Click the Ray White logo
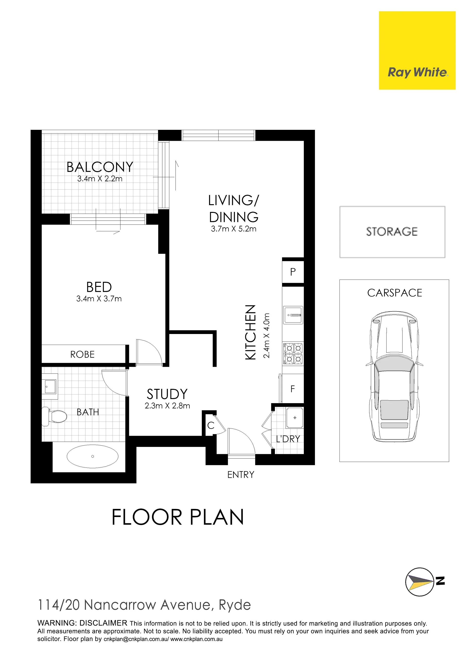click(417, 50)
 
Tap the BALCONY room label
click(100, 167)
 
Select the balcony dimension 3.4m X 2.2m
click(100, 179)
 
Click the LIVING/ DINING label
click(234, 209)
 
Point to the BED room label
click(99, 287)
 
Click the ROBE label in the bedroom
click(82, 354)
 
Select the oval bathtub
click(93, 456)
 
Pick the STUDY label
click(167, 394)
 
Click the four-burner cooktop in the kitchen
click(293, 354)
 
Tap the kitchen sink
click(293, 315)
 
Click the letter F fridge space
click(293, 389)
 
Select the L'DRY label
click(288, 439)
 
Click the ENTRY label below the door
click(241, 475)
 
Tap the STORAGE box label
click(392, 232)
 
